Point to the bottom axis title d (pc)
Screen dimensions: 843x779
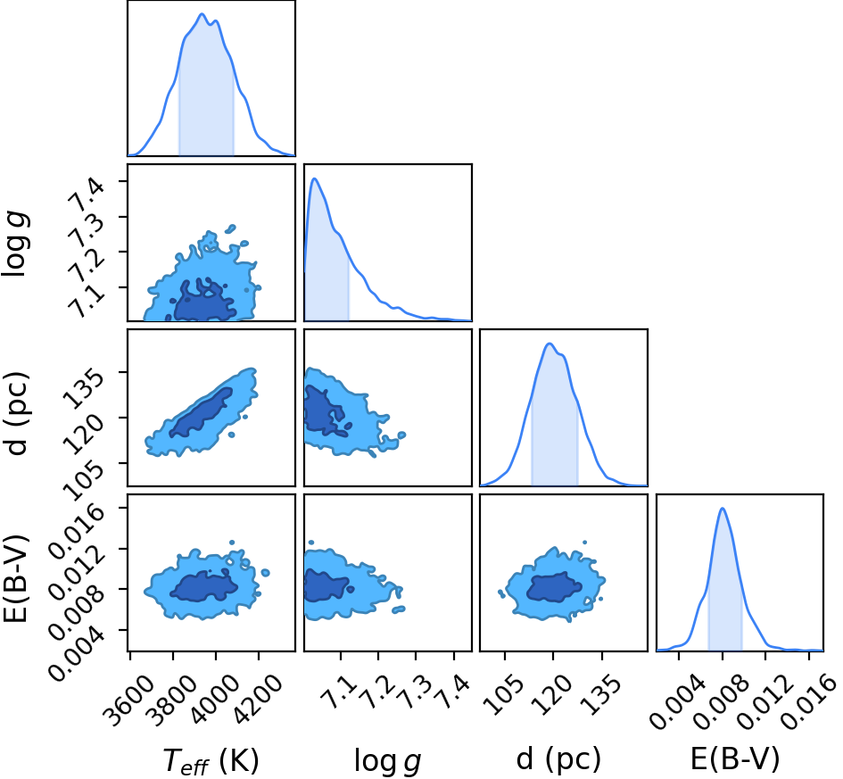(558, 759)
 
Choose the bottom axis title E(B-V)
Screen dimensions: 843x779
(735, 759)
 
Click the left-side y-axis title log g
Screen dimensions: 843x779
(15, 244)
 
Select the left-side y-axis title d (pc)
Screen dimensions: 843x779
(16, 413)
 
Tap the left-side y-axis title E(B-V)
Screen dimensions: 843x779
(15, 579)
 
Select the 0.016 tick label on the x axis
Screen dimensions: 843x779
(810, 699)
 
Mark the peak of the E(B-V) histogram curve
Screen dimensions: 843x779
(722, 508)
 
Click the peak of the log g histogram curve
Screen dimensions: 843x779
(315, 178)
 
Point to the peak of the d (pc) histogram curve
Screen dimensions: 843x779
(549, 343)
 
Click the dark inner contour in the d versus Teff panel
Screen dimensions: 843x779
(201, 413)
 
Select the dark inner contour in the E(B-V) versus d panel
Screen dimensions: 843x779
(554, 587)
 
